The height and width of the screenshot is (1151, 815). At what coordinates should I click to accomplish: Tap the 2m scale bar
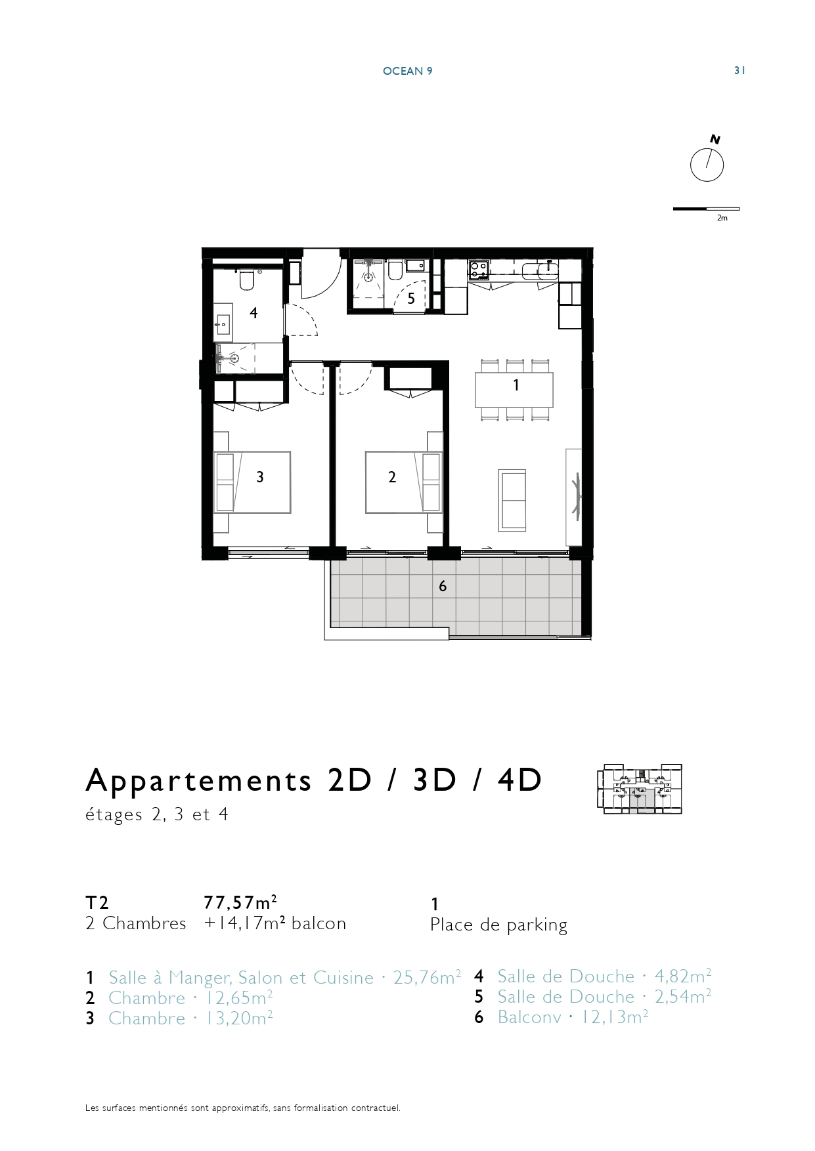pos(706,209)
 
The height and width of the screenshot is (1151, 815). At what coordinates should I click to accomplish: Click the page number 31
pos(739,71)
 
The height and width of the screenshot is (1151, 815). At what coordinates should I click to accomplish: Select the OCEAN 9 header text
pos(407,71)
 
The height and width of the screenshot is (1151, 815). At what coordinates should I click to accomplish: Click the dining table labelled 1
pos(514,390)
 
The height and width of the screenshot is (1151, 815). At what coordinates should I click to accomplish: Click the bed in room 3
pos(252,482)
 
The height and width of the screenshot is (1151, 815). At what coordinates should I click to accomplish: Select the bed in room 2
pos(403,482)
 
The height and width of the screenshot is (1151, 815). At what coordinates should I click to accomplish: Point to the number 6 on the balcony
pos(443,586)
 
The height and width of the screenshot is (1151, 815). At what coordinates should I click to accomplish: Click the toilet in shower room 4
pos(247,280)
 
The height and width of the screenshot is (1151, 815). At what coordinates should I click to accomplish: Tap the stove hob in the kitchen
pos(479,269)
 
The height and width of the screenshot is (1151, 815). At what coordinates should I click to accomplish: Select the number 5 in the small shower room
pos(411,299)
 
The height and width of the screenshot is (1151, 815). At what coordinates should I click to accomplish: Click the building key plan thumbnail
pos(639,789)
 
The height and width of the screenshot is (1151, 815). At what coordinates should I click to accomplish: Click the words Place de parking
pos(498,925)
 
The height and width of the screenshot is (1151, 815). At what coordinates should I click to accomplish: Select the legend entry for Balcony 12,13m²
pos(562,1017)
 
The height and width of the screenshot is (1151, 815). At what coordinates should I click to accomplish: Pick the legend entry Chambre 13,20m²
pos(179,1018)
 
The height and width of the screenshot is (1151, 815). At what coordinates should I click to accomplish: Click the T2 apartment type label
pos(97,903)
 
